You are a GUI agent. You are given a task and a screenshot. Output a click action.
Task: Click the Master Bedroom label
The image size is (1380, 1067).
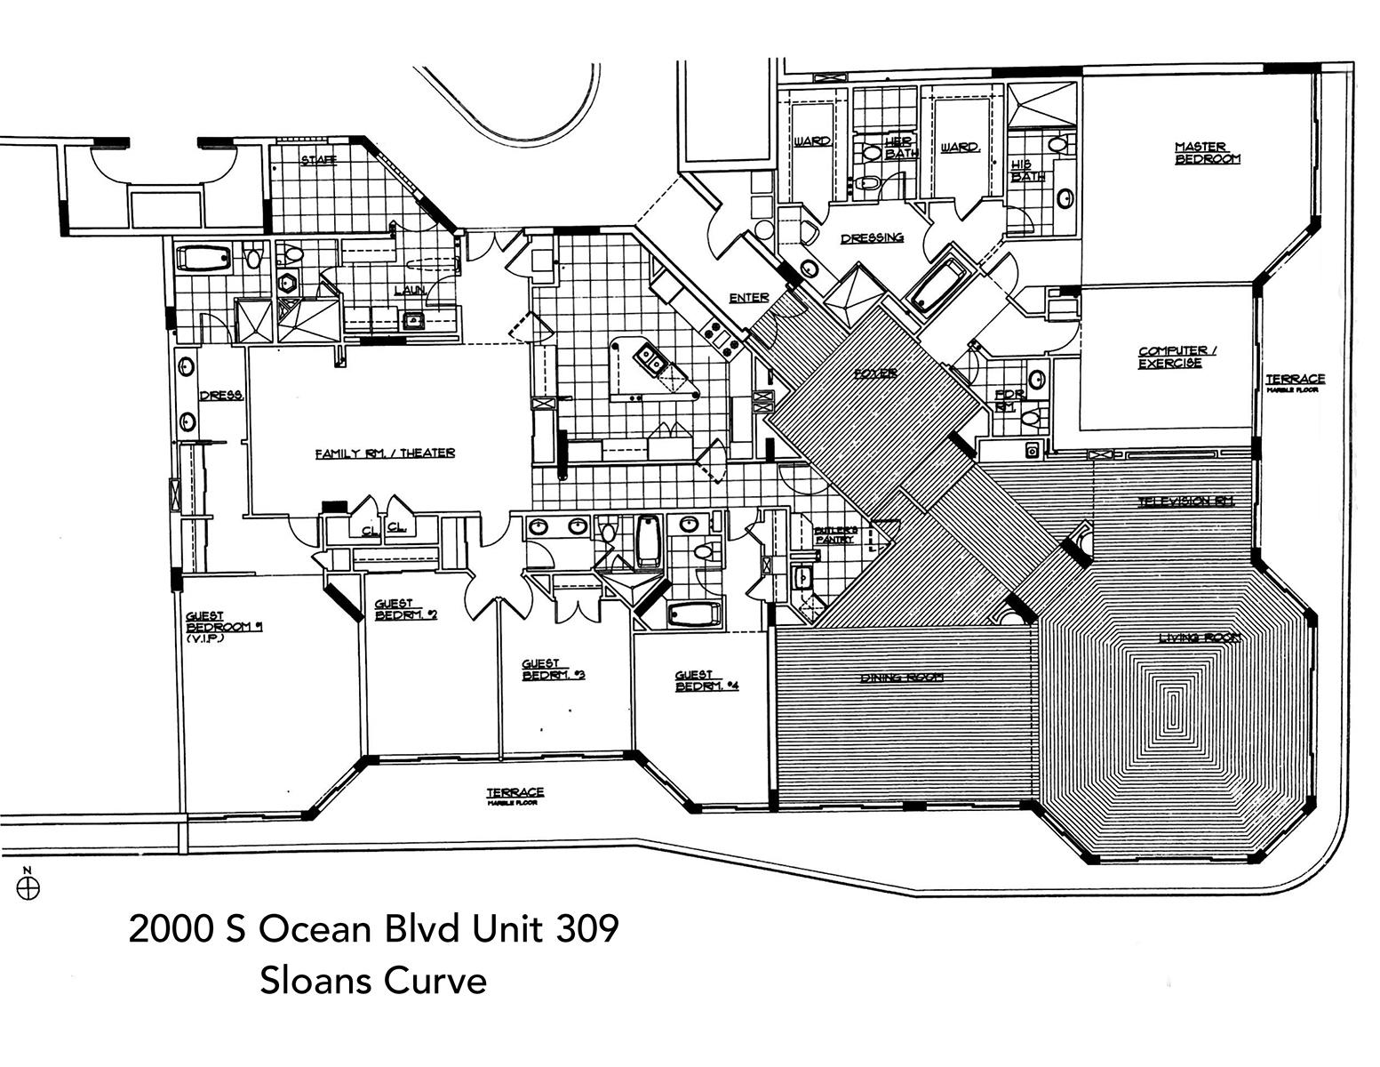pyautogui.click(x=1207, y=153)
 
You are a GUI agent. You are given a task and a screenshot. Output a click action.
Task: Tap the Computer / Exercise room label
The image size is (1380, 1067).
pyautogui.click(x=1177, y=357)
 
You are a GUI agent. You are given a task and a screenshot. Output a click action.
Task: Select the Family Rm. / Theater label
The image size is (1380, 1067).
pyautogui.click(x=385, y=453)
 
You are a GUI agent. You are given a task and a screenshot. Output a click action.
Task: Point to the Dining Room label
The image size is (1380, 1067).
pyautogui.click(x=901, y=678)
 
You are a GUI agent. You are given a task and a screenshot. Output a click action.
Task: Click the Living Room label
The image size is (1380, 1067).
pyautogui.click(x=1199, y=638)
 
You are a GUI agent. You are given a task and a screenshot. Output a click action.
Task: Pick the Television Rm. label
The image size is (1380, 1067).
pyautogui.click(x=1186, y=501)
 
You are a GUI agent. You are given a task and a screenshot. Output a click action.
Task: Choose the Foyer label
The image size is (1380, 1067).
pyautogui.click(x=875, y=373)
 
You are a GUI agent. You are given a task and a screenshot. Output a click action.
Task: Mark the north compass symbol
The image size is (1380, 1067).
pyautogui.click(x=29, y=886)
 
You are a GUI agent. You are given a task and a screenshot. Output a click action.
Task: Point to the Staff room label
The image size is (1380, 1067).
pyautogui.click(x=318, y=160)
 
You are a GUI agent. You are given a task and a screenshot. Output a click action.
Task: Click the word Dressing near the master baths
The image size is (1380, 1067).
pyautogui.click(x=872, y=238)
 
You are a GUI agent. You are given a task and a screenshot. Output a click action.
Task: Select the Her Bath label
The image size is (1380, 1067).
pyautogui.click(x=900, y=147)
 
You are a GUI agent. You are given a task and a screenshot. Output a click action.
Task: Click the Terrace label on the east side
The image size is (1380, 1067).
pyautogui.click(x=1295, y=381)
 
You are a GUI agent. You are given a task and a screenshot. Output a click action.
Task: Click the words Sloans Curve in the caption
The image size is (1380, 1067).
pyautogui.click(x=373, y=981)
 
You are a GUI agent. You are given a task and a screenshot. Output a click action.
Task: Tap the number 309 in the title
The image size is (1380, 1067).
pyautogui.click(x=586, y=929)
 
